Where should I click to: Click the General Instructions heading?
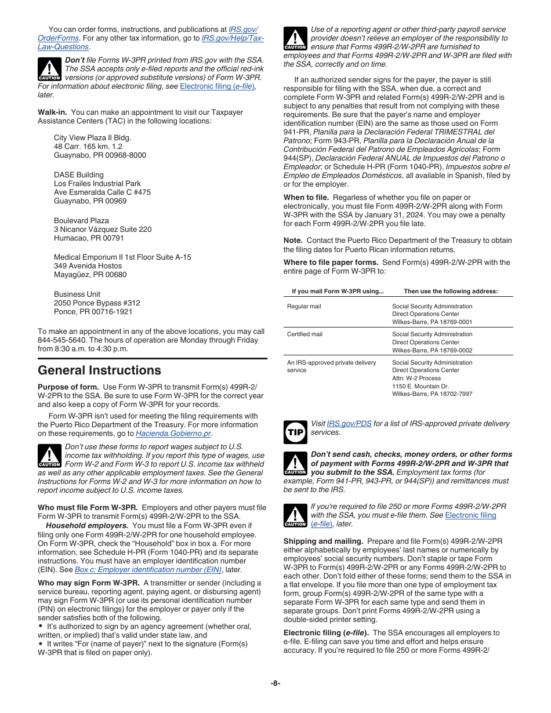[x=99, y=370]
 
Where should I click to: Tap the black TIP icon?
[x=295, y=432]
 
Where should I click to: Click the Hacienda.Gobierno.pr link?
[x=173, y=434]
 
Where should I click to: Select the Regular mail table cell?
[x=304, y=307]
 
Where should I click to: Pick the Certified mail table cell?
[x=304, y=334]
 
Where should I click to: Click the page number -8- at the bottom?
[x=275, y=683]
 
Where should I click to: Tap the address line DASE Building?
[x=79, y=175]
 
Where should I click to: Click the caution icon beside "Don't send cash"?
[x=295, y=464]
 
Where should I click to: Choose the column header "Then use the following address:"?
[x=451, y=292]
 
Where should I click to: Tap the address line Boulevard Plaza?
[x=81, y=221]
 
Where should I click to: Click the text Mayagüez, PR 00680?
[x=90, y=275]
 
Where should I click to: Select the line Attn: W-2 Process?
[x=416, y=378]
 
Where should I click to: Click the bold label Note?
[x=293, y=241]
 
